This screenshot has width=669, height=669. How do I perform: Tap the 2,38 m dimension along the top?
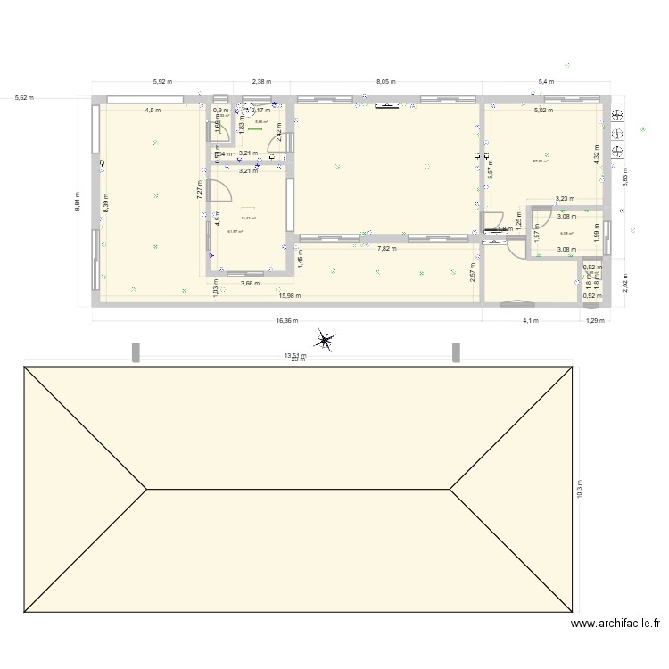(x=262, y=81)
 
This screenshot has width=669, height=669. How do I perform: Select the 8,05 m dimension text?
(x=386, y=81)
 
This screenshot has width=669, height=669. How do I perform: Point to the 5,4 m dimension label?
(x=545, y=81)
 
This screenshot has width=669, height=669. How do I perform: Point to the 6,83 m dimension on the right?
(x=624, y=178)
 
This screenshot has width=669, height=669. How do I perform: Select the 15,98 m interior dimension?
(x=289, y=296)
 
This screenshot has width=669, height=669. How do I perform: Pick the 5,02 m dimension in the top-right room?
(x=543, y=111)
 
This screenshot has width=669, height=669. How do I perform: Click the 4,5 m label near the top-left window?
(x=153, y=111)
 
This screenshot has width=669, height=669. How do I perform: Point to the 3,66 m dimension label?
(x=250, y=284)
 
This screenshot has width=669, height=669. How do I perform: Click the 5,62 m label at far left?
(x=24, y=97)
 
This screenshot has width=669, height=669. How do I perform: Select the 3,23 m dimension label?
(x=565, y=200)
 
